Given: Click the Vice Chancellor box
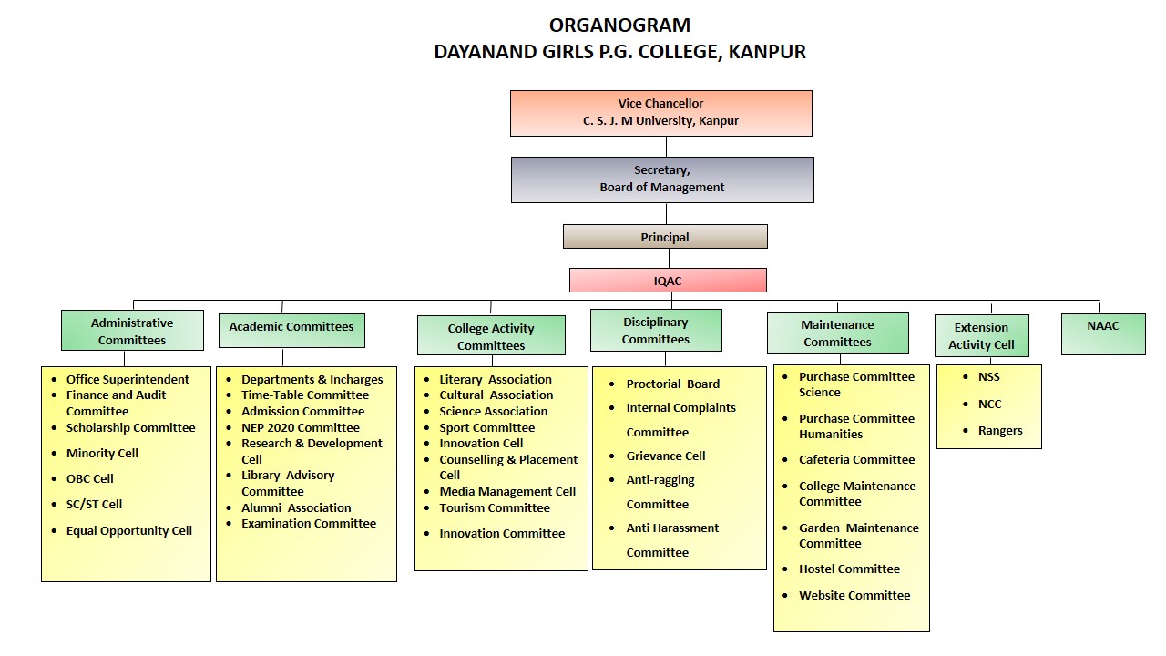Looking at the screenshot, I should point(660,113).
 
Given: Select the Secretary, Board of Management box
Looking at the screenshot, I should point(662,179).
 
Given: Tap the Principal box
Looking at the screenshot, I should point(665,237).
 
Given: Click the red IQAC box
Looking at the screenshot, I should point(668,281).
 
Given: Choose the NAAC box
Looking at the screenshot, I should point(1103,333).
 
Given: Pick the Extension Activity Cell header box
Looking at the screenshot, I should point(981,336).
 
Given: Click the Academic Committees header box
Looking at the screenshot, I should point(291,330).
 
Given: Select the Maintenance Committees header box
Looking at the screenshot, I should point(837,333).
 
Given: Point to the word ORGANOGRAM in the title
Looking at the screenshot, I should point(619,26).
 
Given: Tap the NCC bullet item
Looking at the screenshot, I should point(989,404).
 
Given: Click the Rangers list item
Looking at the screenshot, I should point(1000,431).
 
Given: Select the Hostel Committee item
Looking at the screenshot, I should point(849,569).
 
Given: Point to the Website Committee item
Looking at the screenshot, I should point(854,596).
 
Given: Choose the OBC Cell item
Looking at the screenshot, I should point(89,478).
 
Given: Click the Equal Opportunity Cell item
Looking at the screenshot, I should point(128,531).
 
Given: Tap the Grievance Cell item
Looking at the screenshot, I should point(665,456).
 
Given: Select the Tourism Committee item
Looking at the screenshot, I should point(495,508).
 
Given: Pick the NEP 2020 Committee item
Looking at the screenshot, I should point(300,427).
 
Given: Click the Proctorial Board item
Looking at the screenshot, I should point(672,384).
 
